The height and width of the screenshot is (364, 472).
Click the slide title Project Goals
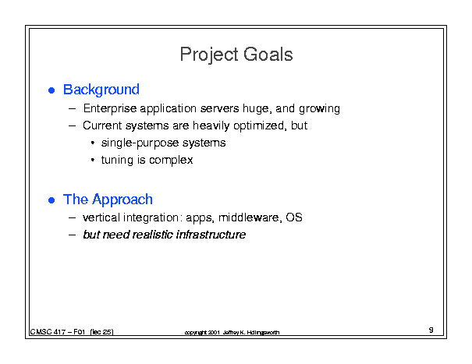click(x=236, y=55)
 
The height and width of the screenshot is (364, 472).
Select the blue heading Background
click(x=101, y=90)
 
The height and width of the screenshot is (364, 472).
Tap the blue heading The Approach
click(x=108, y=200)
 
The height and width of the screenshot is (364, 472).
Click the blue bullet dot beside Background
click(x=51, y=90)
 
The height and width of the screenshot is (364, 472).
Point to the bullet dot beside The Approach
click(x=51, y=200)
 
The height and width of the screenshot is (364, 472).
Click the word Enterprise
click(x=110, y=108)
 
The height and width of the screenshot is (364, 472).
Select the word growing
click(x=319, y=109)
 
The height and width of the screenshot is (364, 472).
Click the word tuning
click(x=117, y=161)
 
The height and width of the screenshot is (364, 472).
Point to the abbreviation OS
click(x=294, y=217)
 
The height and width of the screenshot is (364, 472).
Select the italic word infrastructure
click(x=211, y=235)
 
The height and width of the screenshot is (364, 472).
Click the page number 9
click(x=431, y=330)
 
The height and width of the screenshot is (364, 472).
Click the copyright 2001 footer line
click(x=232, y=332)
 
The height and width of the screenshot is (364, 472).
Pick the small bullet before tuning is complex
click(x=93, y=160)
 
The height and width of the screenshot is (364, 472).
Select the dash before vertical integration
click(x=72, y=217)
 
